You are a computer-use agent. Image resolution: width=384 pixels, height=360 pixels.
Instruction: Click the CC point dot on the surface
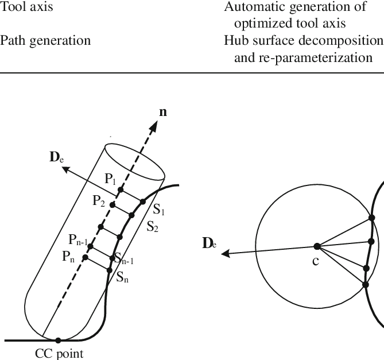pyautogui.click(x=58, y=340)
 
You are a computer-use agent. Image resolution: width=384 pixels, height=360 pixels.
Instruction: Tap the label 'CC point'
pyautogui.click(x=59, y=354)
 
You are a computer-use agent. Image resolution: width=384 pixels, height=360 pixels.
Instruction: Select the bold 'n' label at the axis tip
pyautogui.click(x=163, y=112)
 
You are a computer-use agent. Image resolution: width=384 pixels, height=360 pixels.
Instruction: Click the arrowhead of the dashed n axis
pyautogui.click(x=153, y=126)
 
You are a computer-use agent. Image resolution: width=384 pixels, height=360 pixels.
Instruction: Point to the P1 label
pyautogui.click(x=110, y=179)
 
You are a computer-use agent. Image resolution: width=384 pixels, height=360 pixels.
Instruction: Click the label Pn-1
pyautogui.click(x=78, y=240)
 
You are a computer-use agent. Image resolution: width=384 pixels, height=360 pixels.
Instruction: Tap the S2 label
pyautogui.click(x=152, y=227)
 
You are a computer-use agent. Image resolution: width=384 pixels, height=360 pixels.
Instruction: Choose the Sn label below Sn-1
pyautogui.click(x=122, y=277)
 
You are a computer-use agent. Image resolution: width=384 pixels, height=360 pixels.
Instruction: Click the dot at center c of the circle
pyautogui.click(x=317, y=246)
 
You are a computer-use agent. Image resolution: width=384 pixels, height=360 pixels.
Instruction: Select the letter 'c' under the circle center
pyautogui.click(x=316, y=262)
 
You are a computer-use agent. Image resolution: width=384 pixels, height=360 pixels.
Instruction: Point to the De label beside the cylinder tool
pyautogui.click(x=57, y=157)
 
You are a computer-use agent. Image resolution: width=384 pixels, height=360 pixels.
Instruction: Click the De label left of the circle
pyautogui.click(x=210, y=243)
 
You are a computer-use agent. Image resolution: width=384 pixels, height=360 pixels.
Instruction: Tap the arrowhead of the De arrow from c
pyautogui.click(x=226, y=253)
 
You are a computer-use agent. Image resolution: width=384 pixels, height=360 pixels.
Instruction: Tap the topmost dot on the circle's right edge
pyautogui.click(x=372, y=218)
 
